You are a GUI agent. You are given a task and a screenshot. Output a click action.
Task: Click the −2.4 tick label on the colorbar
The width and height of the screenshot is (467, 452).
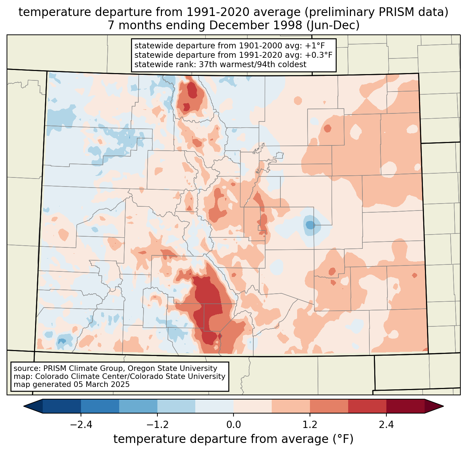(81, 425)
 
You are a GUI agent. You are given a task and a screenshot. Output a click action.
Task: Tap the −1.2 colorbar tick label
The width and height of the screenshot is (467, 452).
(157, 425)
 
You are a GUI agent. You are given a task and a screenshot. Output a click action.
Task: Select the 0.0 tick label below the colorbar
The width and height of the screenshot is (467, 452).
(233, 425)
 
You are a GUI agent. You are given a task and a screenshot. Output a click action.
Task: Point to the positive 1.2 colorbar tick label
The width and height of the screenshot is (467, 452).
(310, 425)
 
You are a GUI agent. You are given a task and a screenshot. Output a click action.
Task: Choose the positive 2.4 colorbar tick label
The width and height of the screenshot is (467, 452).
(386, 425)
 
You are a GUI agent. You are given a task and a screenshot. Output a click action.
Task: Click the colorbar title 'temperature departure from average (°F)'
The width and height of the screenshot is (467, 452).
(233, 439)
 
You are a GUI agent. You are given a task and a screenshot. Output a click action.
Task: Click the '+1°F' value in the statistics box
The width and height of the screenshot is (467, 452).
(315, 46)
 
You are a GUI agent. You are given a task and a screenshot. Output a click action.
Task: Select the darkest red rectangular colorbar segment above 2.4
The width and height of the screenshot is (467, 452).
(405, 406)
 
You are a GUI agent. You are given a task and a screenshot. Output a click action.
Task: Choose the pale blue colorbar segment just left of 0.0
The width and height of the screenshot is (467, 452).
(214, 406)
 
